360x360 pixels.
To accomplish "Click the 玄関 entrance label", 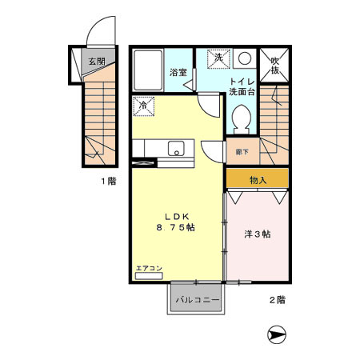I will coord(96,61).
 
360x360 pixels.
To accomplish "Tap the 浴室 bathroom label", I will coord(178,72).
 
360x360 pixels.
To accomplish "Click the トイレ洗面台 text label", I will coord(241,86).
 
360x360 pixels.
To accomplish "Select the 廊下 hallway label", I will coord(241,150).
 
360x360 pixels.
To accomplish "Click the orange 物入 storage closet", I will coord(257,179).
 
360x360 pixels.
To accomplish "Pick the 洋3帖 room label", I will coord(257,234).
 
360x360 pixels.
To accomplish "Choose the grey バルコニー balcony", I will coord(198,298).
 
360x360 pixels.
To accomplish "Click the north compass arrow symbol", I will coord(277,334).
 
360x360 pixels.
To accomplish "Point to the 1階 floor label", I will coord(109,182).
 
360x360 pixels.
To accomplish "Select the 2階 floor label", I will coord(277,300).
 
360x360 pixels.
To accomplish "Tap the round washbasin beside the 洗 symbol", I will coord(244,58).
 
